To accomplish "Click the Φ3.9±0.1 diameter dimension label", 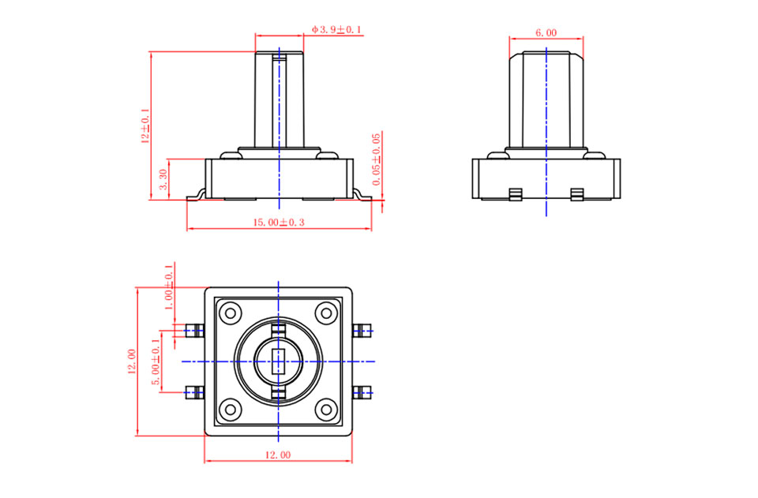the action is pyautogui.click(x=337, y=29).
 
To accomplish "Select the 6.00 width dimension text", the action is pyautogui.click(x=546, y=33).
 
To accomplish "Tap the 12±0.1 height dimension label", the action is pyautogui.click(x=145, y=125).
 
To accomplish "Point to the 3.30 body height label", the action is pyautogui.click(x=163, y=179).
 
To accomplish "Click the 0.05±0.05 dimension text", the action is pyautogui.click(x=377, y=159).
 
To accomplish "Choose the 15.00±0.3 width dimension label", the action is pyautogui.click(x=279, y=223).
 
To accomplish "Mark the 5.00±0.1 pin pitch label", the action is pyautogui.click(x=156, y=361).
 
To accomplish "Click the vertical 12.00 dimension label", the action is pyautogui.click(x=132, y=361).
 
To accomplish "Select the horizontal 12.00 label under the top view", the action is pyautogui.click(x=278, y=455).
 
